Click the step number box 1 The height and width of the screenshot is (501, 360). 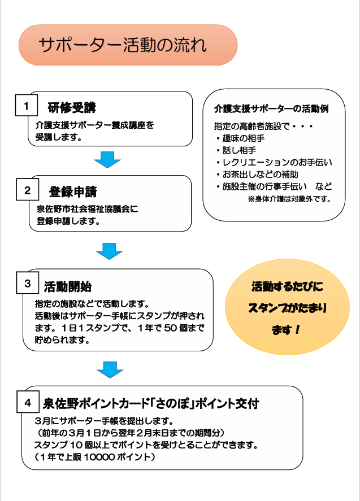click(26, 106)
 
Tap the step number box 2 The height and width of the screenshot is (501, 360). click(27, 190)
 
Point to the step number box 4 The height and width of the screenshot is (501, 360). click(27, 403)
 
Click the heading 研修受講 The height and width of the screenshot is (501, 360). click(71, 107)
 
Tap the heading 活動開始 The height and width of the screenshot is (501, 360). click(67, 285)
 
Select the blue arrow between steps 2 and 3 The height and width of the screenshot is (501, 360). click(109, 250)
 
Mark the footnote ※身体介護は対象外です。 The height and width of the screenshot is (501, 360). click(289, 199)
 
